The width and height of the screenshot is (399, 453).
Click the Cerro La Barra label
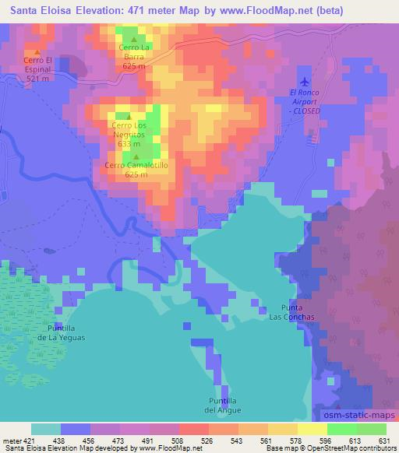tap(134, 56)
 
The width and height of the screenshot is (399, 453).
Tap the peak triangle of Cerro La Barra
tap(134, 40)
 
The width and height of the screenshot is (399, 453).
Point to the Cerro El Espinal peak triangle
tap(37, 52)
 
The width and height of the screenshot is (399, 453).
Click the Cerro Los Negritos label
tap(129, 134)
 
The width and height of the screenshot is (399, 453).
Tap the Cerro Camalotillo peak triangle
tap(136, 156)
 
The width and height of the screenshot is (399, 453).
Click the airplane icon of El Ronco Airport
tap(304, 82)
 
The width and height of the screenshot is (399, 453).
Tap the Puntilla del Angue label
tap(223, 405)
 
